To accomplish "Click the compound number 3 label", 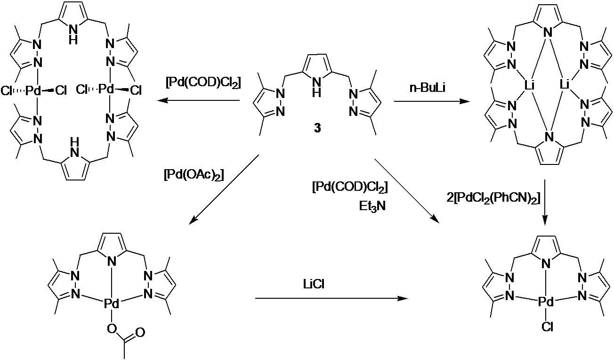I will (x=317, y=128).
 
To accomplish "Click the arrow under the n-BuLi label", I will (x=428, y=101).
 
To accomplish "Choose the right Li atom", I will (x=564, y=85).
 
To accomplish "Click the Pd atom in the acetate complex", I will (x=112, y=305).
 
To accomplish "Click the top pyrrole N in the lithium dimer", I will (x=546, y=33).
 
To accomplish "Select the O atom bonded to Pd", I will (x=112, y=327).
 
